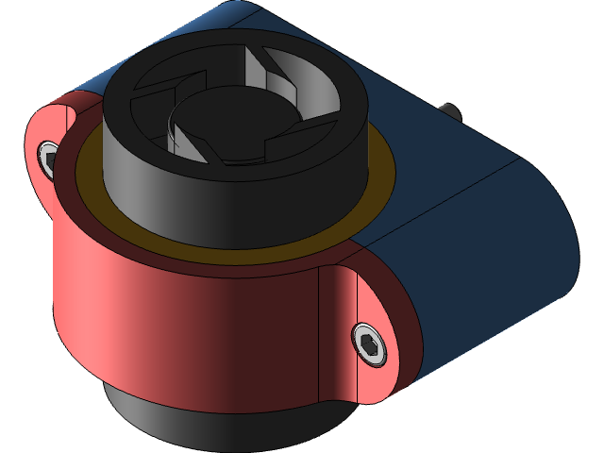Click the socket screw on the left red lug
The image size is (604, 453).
[48, 158]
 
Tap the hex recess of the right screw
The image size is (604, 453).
[369, 343]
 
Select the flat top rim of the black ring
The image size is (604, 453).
[132, 85]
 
